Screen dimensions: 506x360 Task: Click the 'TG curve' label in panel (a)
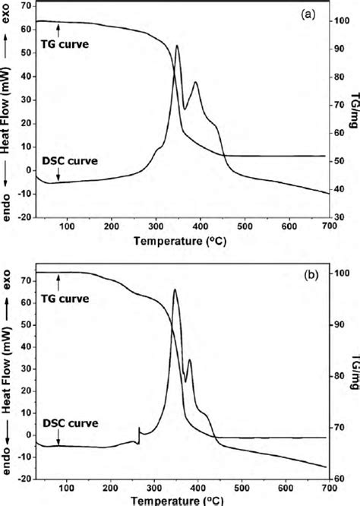tap(65, 45)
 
